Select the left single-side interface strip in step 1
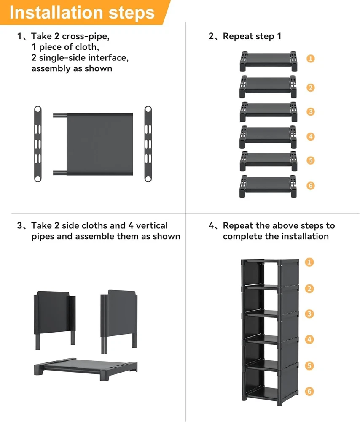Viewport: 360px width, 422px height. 38,144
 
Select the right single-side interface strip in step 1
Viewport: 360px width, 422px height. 148,144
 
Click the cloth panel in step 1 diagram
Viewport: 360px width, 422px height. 99,143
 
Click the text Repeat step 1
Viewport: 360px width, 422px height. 252,36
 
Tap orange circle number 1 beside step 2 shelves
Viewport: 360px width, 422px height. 310,59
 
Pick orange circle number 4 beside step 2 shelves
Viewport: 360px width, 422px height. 310,136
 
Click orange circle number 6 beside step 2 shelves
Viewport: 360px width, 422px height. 310,186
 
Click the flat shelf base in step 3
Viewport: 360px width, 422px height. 86,366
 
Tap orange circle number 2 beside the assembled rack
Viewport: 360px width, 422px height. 310,289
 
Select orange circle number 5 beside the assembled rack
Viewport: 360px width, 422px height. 310,365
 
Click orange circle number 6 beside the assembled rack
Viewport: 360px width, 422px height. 310,391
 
